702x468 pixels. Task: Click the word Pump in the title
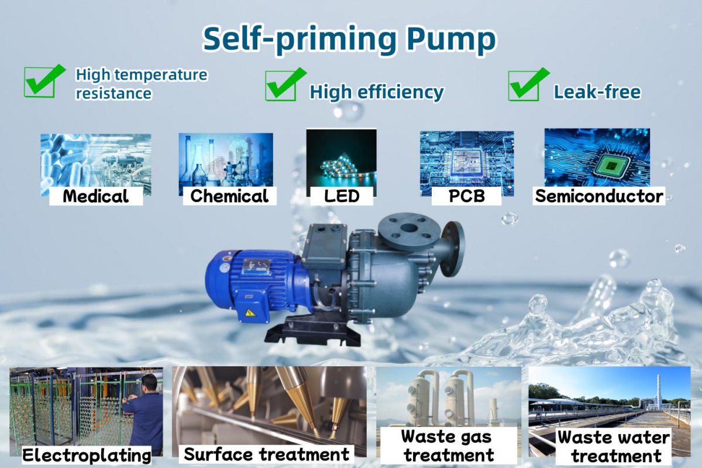[452, 40]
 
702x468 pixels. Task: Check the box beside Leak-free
[529, 84]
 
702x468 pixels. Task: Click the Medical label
[96, 196]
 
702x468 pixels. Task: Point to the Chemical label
[229, 196]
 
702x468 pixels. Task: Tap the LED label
[342, 196]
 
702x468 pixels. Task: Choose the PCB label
[467, 196]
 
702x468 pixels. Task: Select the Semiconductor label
[599, 196]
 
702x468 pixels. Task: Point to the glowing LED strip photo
[342, 159]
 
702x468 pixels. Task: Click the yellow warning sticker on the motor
[250, 313]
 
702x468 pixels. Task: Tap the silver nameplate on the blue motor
[256, 267]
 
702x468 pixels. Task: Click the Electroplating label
[87, 455]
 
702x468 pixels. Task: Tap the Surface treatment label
[266, 454]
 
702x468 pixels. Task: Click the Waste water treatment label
[614, 446]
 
